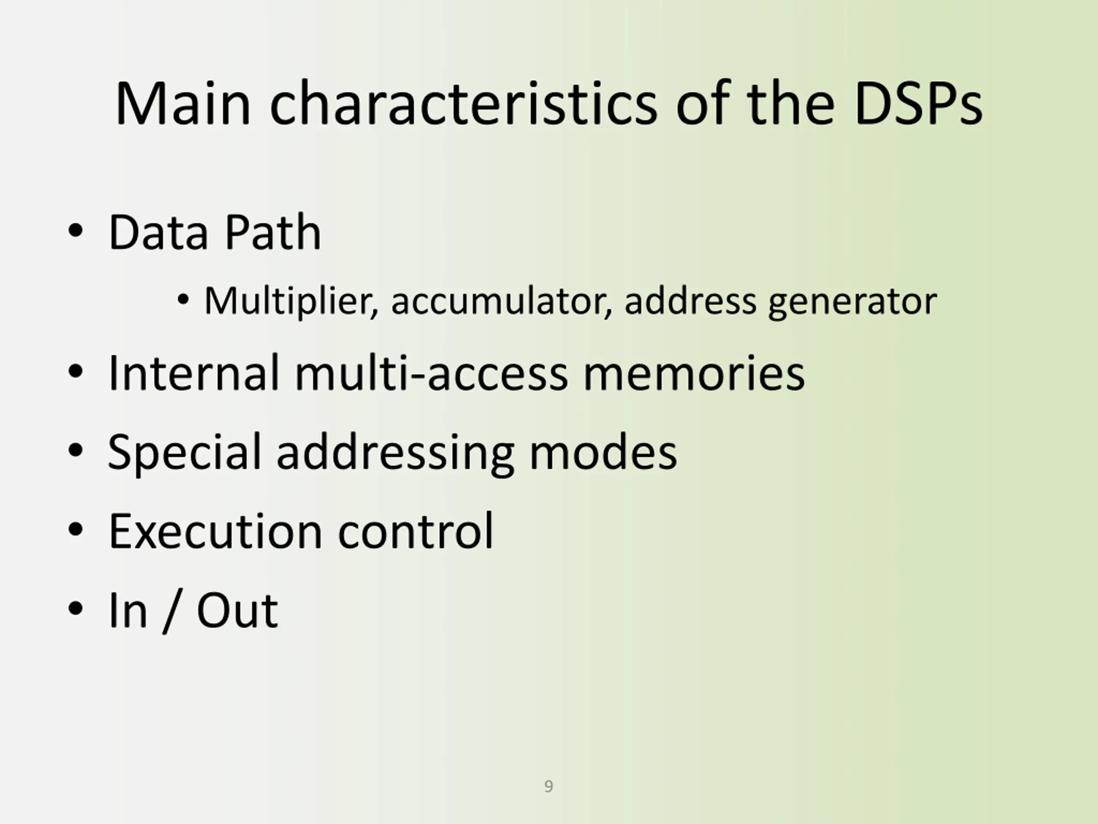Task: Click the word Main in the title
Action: click(183, 104)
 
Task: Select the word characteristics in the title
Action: click(464, 104)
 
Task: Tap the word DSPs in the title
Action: click(918, 104)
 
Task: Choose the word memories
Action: click(694, 373)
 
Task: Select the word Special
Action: click(184, 452)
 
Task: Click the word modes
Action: click(603, 452)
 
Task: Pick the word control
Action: click(416, 531)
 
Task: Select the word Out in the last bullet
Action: click(237, 611)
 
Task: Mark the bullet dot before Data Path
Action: click(75, 231)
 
